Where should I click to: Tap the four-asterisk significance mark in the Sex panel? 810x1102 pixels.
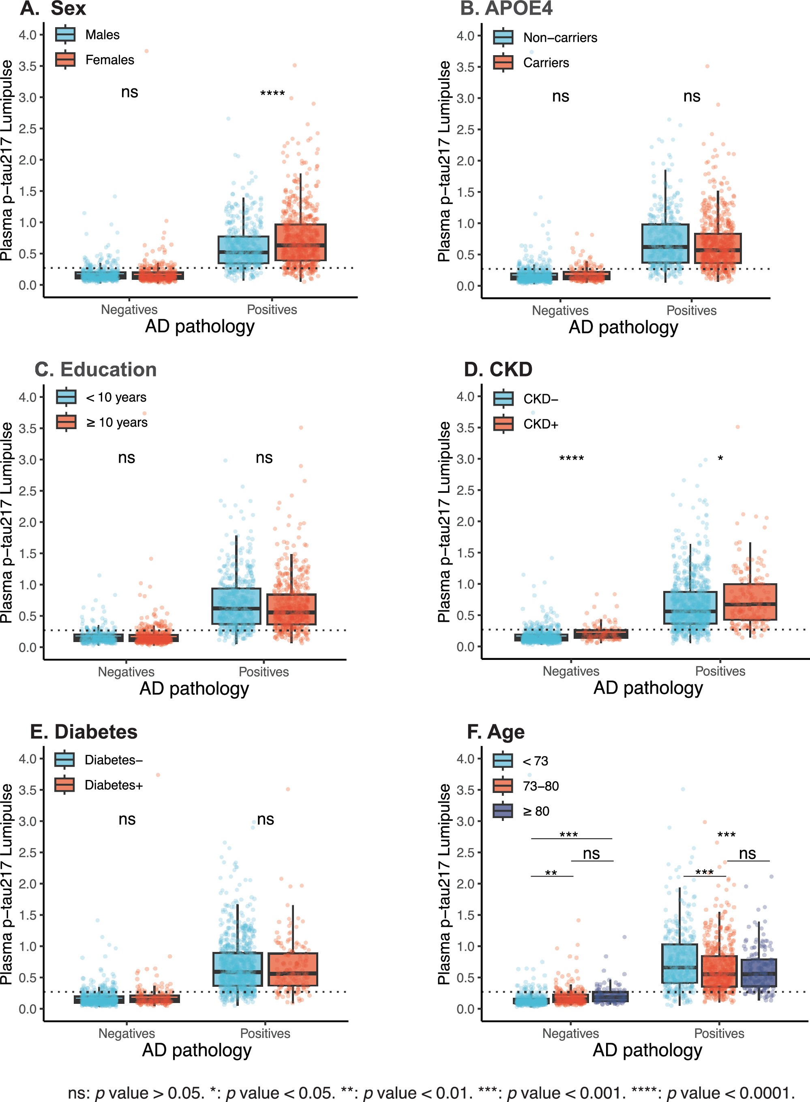272,93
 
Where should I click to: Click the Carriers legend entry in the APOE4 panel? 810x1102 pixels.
546,63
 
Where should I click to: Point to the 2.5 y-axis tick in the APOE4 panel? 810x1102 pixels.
465,129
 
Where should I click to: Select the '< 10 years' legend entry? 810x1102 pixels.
116,397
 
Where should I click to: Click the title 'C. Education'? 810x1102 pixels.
96,370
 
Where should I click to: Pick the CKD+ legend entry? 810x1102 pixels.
540,424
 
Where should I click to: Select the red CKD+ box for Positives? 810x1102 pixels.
749,602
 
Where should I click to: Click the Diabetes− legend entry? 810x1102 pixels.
113,760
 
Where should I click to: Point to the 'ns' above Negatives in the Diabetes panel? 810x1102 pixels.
127,820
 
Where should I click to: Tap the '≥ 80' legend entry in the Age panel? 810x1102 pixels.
536,812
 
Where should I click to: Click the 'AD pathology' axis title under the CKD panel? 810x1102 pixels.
648,688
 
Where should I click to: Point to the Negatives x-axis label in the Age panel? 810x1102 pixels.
570,1033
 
